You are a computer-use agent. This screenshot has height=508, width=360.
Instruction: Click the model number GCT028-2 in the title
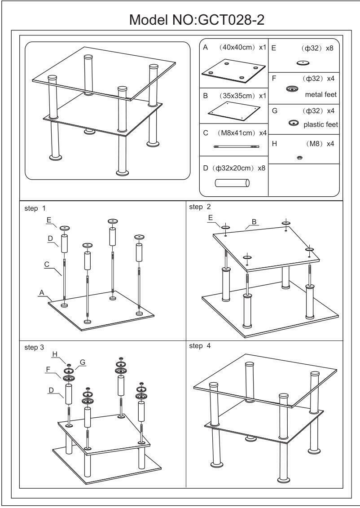click(x=226, y=20)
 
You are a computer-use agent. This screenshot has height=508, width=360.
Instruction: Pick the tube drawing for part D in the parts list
click(x=232, y=183)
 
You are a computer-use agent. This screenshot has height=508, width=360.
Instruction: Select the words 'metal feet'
click(x=320, y=94)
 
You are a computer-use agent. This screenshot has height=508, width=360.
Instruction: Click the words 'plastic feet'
click(x=320, y=124)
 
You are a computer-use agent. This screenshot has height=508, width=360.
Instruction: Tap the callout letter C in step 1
click(x=47, y=265)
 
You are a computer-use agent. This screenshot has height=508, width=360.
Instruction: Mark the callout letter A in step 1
click(x=41, y=292)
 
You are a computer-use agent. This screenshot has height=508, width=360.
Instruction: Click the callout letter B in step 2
click(x=254, y=221)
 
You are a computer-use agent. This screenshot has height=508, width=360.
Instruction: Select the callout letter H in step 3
click(x=54, y=354)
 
